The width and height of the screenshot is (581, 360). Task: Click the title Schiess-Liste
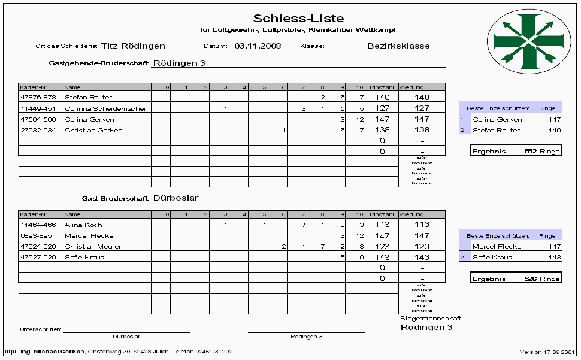tap(298, 19)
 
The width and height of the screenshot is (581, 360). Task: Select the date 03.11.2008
tap(258, 46)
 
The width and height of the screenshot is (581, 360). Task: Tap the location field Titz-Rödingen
tap(133, 46)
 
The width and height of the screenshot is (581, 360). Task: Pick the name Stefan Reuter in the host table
tap(88, 97)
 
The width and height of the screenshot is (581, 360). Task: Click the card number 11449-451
tap(38, 108)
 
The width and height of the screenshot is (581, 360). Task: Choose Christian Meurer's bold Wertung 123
tap(422, 247)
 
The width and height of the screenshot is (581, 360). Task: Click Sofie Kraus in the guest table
tap(84, 258)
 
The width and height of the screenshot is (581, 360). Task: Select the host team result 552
tap(529, 152)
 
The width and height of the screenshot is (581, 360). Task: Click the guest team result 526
tap(529, 279)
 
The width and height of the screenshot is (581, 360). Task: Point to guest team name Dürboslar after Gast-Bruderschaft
tap(175, 198)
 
